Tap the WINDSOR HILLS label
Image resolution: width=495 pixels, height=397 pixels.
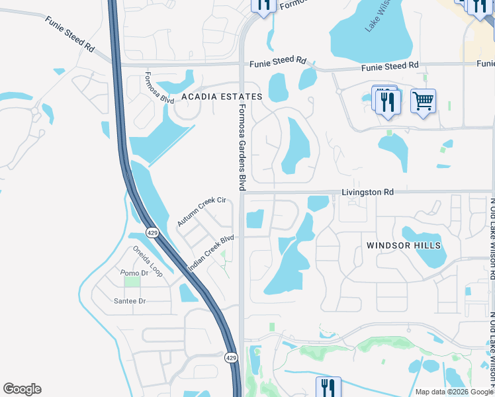coord(404,245)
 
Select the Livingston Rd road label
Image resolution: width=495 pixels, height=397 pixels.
coord(367,192)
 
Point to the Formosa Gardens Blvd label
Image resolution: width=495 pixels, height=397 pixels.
coord(242,147)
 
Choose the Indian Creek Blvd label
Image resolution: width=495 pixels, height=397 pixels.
coord(211,253)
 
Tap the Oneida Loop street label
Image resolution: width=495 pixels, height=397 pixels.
coord(147,261)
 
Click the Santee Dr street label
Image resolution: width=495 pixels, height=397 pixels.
coord(129,301)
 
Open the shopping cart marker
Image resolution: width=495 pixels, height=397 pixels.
coord(423,102)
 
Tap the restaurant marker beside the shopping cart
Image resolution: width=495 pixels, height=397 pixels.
coord(386,101)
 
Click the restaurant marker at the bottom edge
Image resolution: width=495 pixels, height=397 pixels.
coord(328,386)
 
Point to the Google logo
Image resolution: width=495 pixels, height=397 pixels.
coord(22,389)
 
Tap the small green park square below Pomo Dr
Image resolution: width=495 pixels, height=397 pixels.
coord(132,282)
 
